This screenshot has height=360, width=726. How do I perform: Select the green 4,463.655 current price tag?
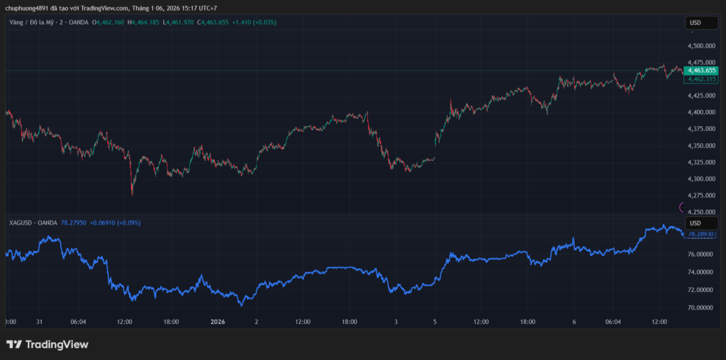702,71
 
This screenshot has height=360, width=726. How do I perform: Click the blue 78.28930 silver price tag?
701,233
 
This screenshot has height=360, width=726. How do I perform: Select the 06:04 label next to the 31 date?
79,321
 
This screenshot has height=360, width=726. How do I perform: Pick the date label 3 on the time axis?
396,321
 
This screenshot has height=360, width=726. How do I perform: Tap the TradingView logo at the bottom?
48,344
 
